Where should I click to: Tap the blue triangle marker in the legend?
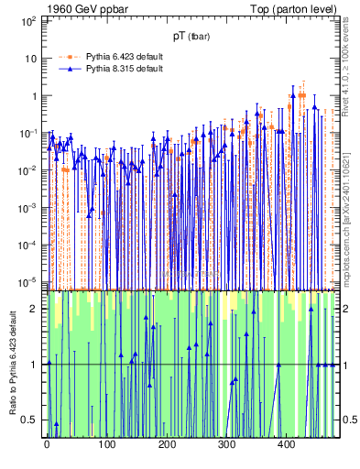pyautogui.click(x=70, y=70)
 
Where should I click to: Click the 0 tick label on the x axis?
pyautogui.click(x=48, y=444)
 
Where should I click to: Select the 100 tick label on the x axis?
pyautogui.click(x=107, y=444)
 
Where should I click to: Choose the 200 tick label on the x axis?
pyautogui.click(x=167, y=444)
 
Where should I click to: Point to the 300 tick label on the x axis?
pyautogui.click(x=226, y=444)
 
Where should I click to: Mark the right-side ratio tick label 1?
pyautogui.click(x=345, y=365)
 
